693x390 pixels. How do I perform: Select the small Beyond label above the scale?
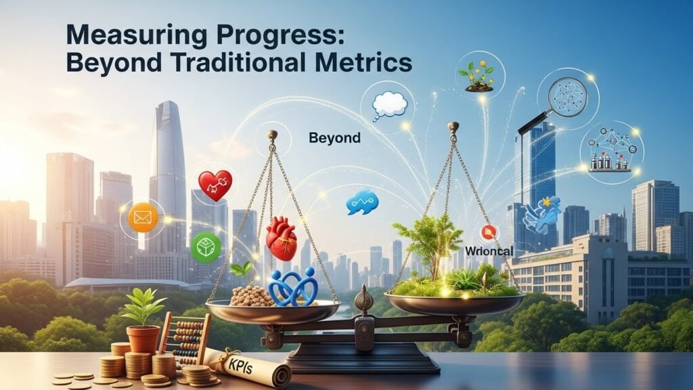334,138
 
